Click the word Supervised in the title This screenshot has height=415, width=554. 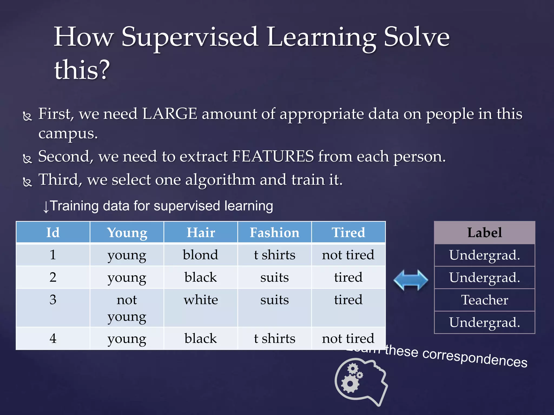pos(189,37)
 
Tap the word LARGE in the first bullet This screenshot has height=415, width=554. pos(170,114)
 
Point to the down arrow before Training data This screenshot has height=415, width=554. pos(46,207)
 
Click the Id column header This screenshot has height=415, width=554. pos(53,233)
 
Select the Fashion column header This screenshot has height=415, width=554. pos(274,233)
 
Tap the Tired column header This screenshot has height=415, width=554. pos(348,233)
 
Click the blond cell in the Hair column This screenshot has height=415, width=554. pos(200,255)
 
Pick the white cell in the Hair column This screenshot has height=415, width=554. pos(200,300)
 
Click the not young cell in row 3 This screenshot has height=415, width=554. pos(127,308)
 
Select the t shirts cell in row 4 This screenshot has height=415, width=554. pos(274,339)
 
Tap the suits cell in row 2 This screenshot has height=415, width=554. pos(274,277)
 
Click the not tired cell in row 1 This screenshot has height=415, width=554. pos(348,255)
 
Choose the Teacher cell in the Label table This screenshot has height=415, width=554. pos(484,300)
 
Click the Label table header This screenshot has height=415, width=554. pos(484,233)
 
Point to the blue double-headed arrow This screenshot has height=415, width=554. pos(411,280)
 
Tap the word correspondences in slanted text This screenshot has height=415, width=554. pos(475,358)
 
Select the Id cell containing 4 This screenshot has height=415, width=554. pos(53,339)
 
